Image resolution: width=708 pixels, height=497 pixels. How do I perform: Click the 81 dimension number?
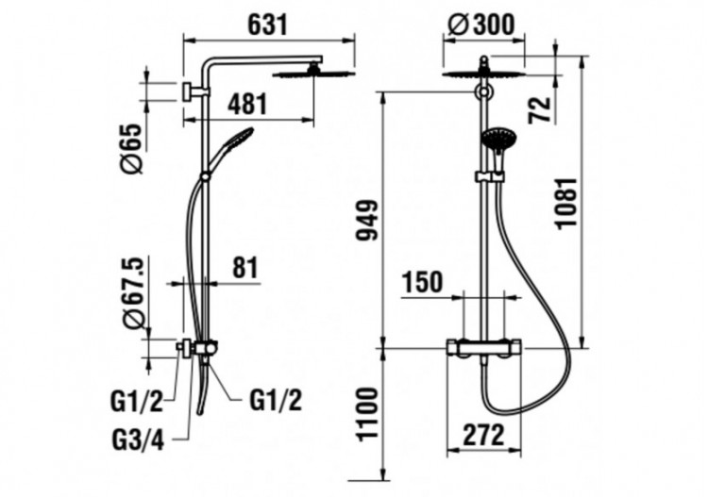tap(244, 267)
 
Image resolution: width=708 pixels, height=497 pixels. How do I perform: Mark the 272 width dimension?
tap(481, 436)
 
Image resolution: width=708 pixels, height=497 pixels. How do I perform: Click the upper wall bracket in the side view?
tap(191, 91)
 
